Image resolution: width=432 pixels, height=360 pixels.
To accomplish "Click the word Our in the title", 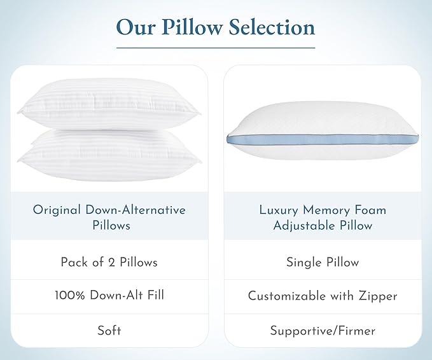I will coord(137,27).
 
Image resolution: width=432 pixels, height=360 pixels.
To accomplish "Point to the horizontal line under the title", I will coord(216,48).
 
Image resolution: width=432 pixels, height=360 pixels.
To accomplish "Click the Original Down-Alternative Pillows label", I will coord(109,217).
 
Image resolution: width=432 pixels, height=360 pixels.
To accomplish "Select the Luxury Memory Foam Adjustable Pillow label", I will coord(323,217).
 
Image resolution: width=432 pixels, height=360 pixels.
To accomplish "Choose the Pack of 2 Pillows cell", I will coord(109,261).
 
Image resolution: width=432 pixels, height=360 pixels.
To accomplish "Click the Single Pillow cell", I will coord(323,261).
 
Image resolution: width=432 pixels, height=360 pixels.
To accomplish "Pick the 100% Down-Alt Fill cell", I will coord(109,295).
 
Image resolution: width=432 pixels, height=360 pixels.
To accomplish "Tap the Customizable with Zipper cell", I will coord(323,295).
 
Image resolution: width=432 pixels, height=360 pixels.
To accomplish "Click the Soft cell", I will coord(109,330).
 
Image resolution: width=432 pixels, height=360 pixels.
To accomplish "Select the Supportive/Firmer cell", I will coord(323,330).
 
